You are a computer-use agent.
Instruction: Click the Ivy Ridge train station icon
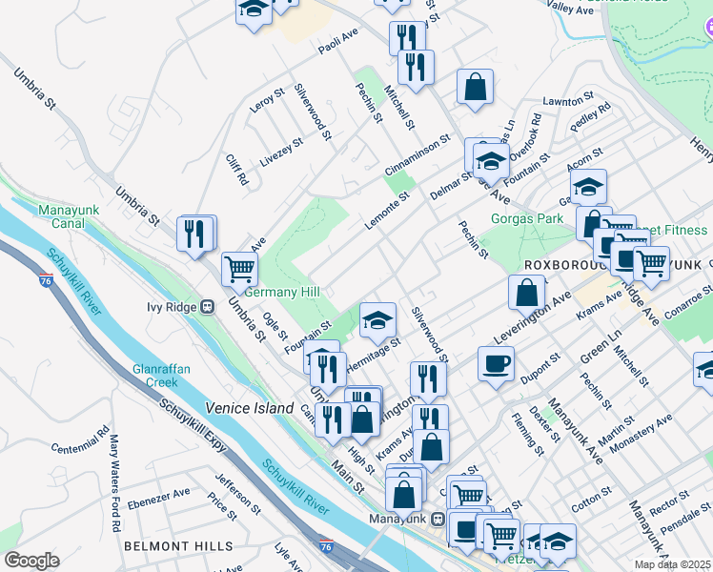(x=205, y=307)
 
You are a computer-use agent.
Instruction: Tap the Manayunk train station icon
(x=438, y=519)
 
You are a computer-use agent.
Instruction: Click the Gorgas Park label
(x=527, y=218)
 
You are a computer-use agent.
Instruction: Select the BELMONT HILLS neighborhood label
(x=178, y=546)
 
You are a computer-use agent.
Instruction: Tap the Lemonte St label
(x=385, y=210)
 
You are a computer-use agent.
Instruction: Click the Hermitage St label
(x=373, y=351)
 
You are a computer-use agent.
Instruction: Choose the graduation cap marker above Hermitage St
(x=377, y=320)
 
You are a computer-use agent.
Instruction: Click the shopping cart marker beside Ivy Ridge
(x=239, y=268)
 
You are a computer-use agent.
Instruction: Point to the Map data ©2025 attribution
(x=673, y=564)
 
